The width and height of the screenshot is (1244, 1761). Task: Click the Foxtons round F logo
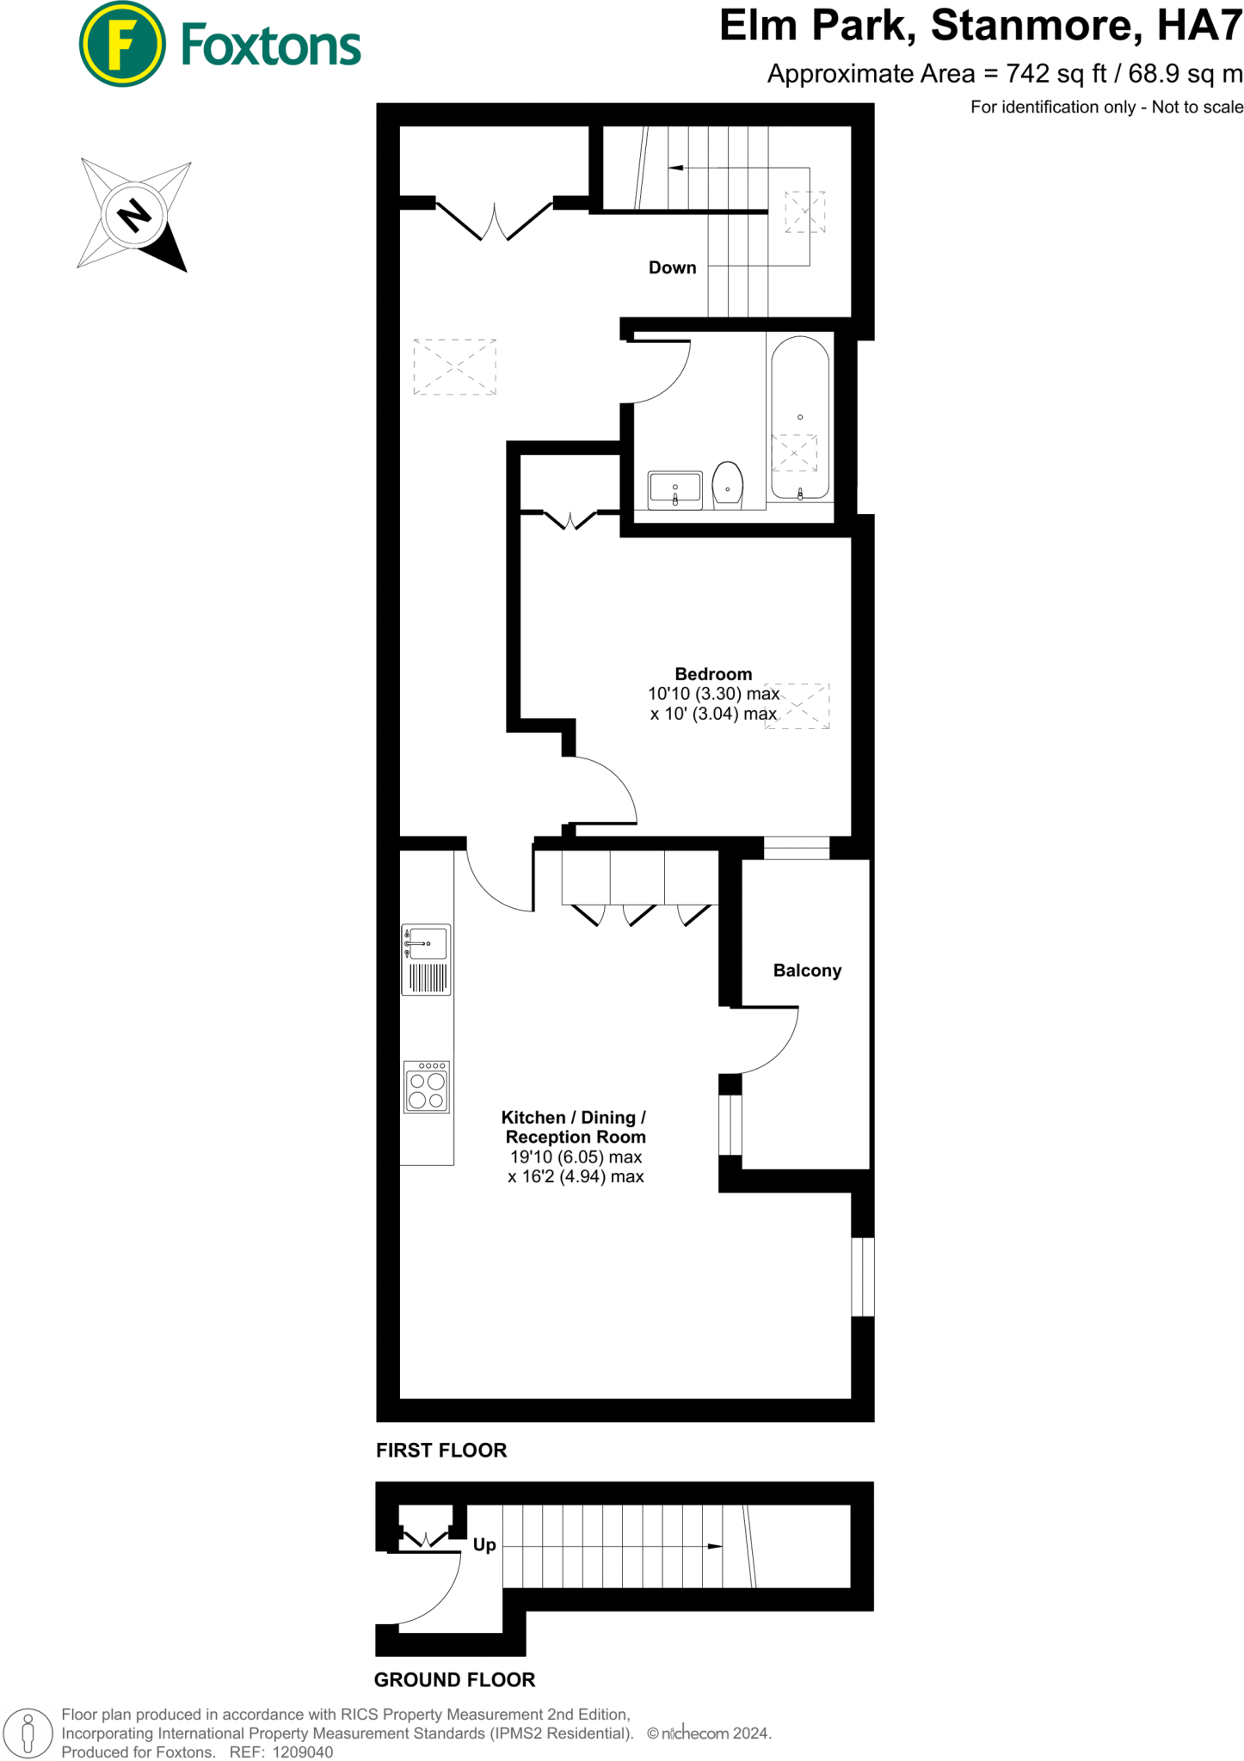121,44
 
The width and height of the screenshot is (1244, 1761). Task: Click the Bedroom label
713,674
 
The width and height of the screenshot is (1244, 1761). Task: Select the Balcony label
807,971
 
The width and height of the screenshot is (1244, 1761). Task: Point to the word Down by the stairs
672,267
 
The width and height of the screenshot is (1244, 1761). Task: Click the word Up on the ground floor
484,1545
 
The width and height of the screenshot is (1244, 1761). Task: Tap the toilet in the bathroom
728,486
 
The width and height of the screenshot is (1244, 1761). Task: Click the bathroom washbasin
675,490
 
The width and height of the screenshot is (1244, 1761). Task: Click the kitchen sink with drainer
427,960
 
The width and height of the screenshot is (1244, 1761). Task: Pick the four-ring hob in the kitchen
427,1088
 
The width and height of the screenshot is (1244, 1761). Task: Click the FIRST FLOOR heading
441,1451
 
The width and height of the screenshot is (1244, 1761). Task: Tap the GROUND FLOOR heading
454,1679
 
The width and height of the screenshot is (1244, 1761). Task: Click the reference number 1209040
302,1752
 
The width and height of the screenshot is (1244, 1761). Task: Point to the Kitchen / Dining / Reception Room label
575,1127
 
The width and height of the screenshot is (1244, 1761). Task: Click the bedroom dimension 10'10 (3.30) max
713,694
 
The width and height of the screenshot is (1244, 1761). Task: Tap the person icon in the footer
28,1732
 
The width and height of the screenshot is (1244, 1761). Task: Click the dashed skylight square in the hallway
454,367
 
